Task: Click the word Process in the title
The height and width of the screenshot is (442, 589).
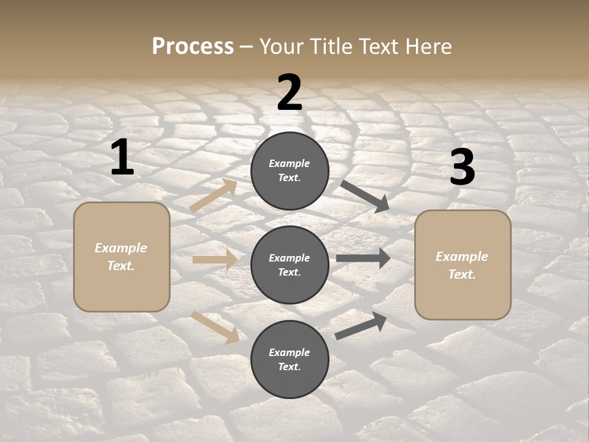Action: pyautogui.click(x=193, y=46)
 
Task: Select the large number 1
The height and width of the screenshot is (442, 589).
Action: pyautogui.click(x=122, y=158)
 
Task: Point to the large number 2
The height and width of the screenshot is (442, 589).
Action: pyautogui.click(x=290, y=93)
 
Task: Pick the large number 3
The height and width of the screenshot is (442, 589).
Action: pyautogui.click(x=462, y=167)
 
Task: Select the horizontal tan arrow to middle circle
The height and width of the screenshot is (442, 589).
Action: pyautogui.click(x=215, y=260)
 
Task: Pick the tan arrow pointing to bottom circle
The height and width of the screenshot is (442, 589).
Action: pyautogui.click(x=215, y=327)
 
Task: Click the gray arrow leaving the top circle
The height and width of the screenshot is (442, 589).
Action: pyautogui.click(x=364, y=196)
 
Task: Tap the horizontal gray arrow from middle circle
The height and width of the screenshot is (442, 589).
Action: pyautogui.click(x=363, y=258)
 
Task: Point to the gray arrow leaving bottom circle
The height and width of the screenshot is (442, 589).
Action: pyautogui.click(x=361, y=326)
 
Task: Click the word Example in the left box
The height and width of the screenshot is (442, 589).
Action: pyautogui.click(x=121, y=248)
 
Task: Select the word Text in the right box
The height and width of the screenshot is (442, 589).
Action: pyautogui.click(x=461, y=274)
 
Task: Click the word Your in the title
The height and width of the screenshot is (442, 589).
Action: pyautogui.click(x=281, y=46)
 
